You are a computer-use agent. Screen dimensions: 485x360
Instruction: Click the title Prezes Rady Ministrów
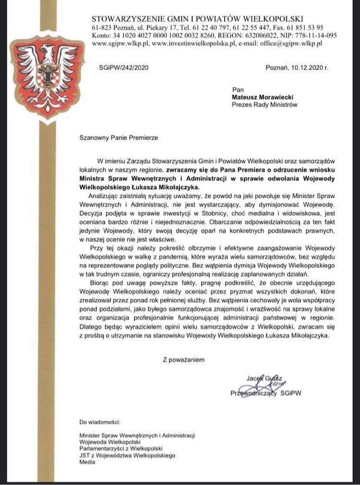click(264, 104)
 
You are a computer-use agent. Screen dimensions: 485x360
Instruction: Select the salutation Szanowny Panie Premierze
click(118, 137)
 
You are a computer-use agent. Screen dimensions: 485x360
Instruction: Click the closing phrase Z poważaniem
click(184, 359)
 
